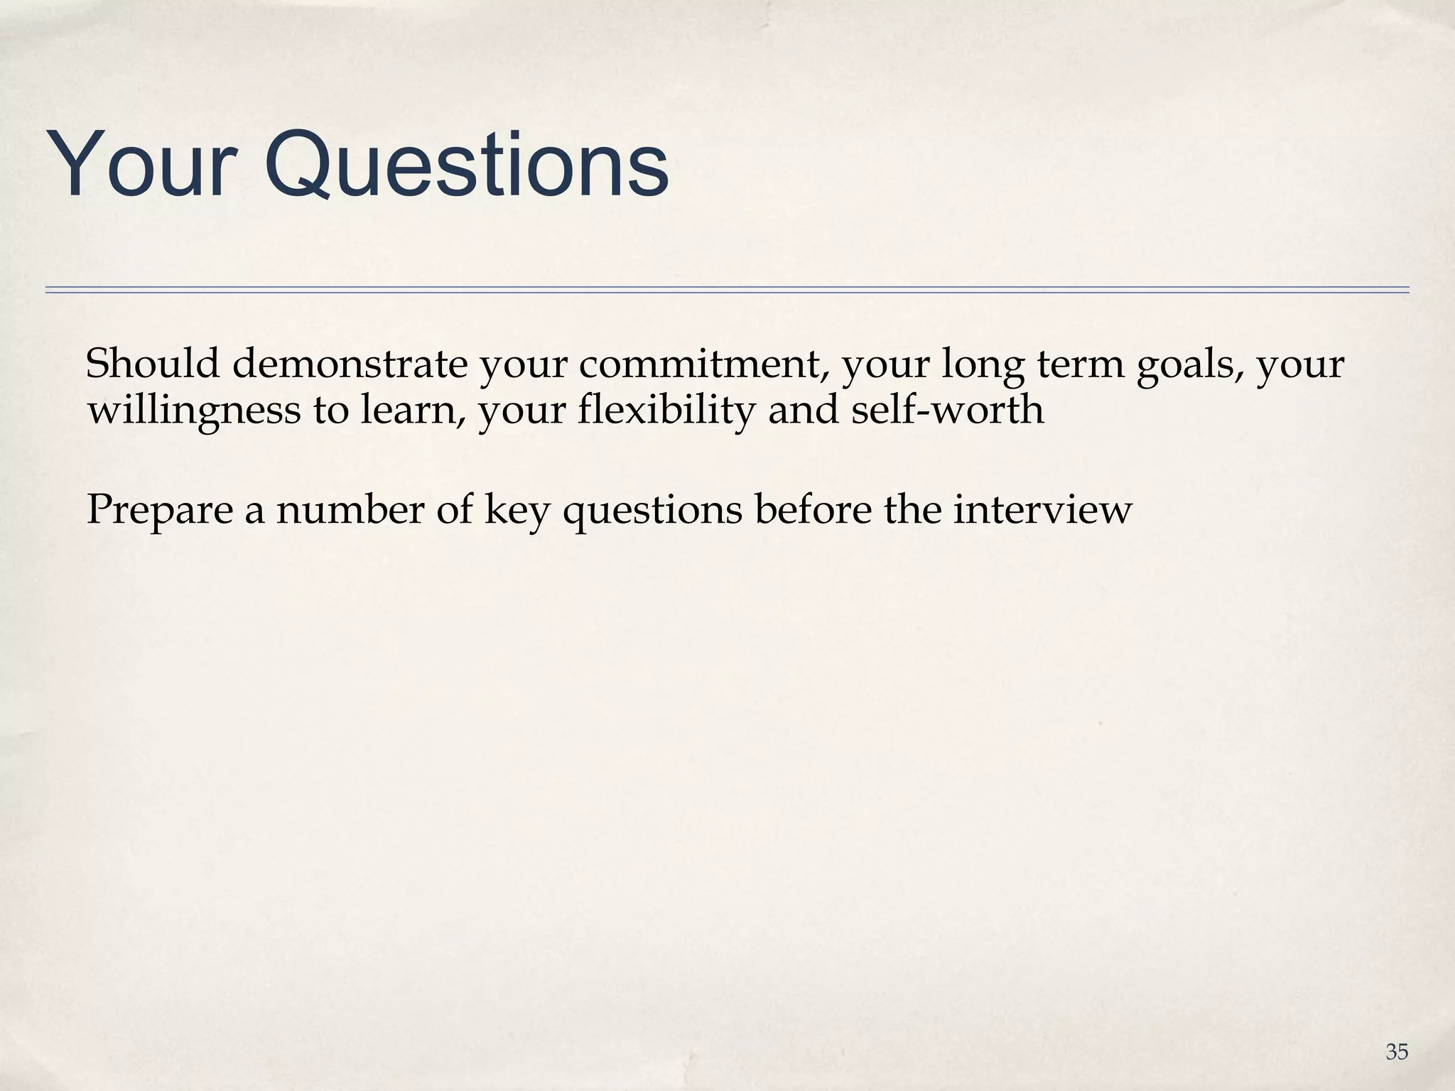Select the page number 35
(x=1396, y=1052)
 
